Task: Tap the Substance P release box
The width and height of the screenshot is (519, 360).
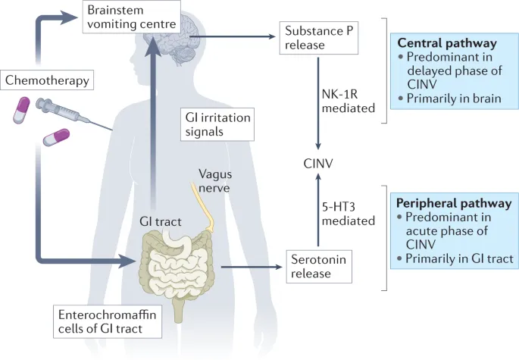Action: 316,37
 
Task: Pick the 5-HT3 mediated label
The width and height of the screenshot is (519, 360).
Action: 349,214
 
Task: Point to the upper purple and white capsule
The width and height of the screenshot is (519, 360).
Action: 23,111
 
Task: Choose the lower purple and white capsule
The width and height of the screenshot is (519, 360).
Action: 56,138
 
